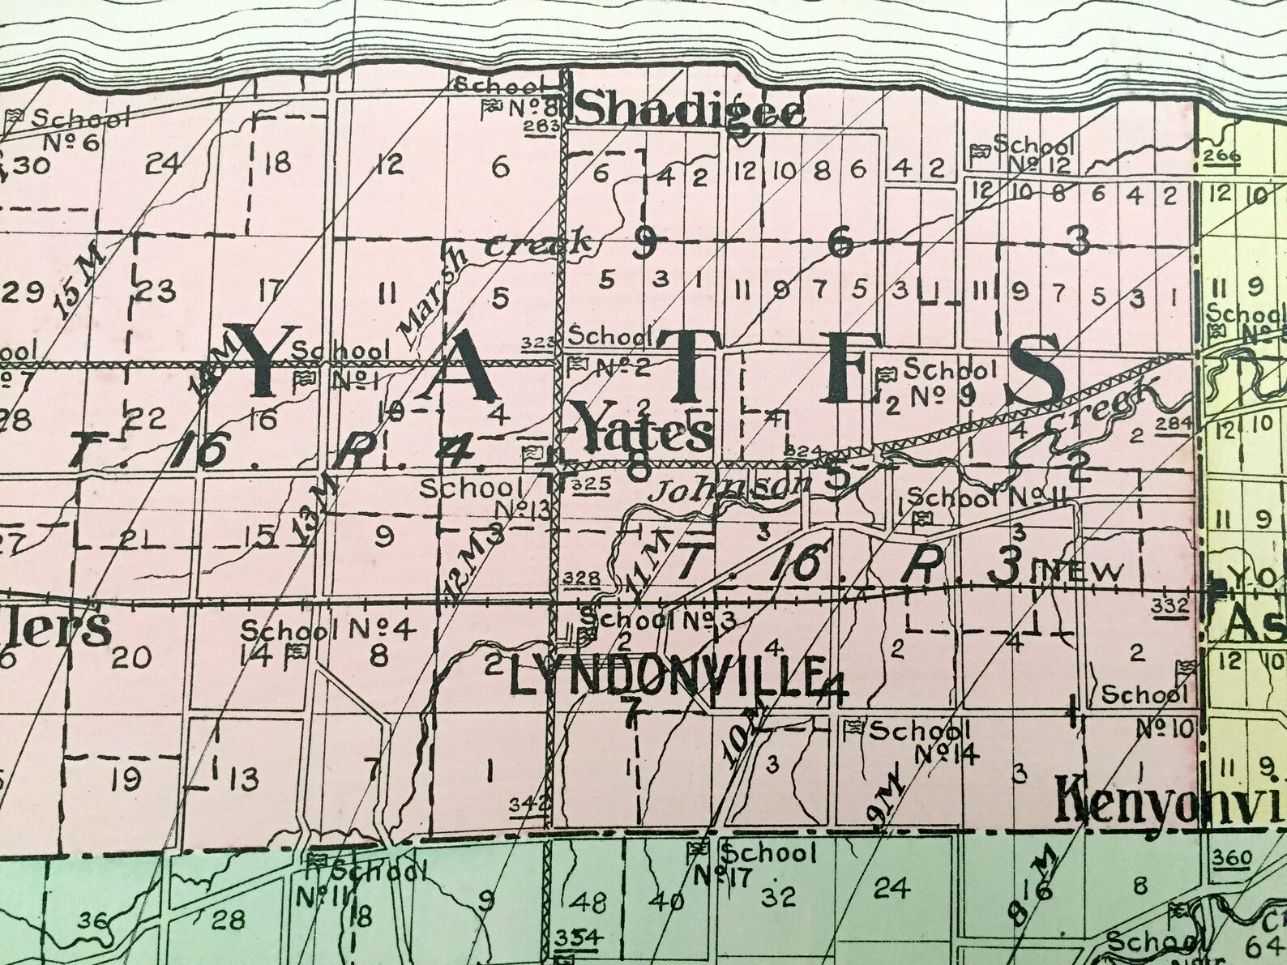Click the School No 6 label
(x=69, y=130)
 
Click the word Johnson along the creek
(x=732, y=489)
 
